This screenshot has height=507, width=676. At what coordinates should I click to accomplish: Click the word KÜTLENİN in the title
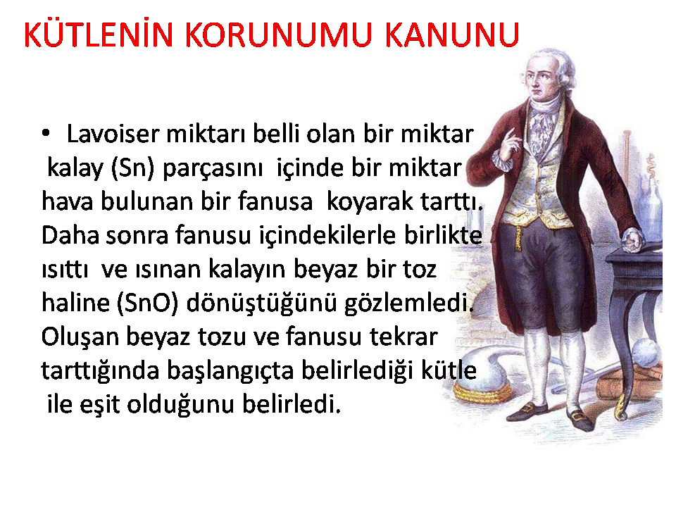pyautogui.click(x=99, y=34)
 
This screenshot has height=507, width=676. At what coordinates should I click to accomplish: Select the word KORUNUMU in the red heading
pyautogui.click(x=279, y=35)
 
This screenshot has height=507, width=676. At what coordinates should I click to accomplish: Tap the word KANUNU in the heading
pyautogui.click(x=452, y=35)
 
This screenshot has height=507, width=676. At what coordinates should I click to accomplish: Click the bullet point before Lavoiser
pyautogui.click(x=46, y=133)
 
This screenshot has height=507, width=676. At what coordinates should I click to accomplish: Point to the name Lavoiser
pyautogui.click(x=113, y=134)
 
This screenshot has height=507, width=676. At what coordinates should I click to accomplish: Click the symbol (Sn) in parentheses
pyautogui.click(x=132, y=168)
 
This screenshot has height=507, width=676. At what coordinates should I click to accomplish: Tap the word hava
pyautogui.click(x=67, y=201)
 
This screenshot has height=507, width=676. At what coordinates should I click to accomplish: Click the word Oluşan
pyautogui.click(x=80, y=337)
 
